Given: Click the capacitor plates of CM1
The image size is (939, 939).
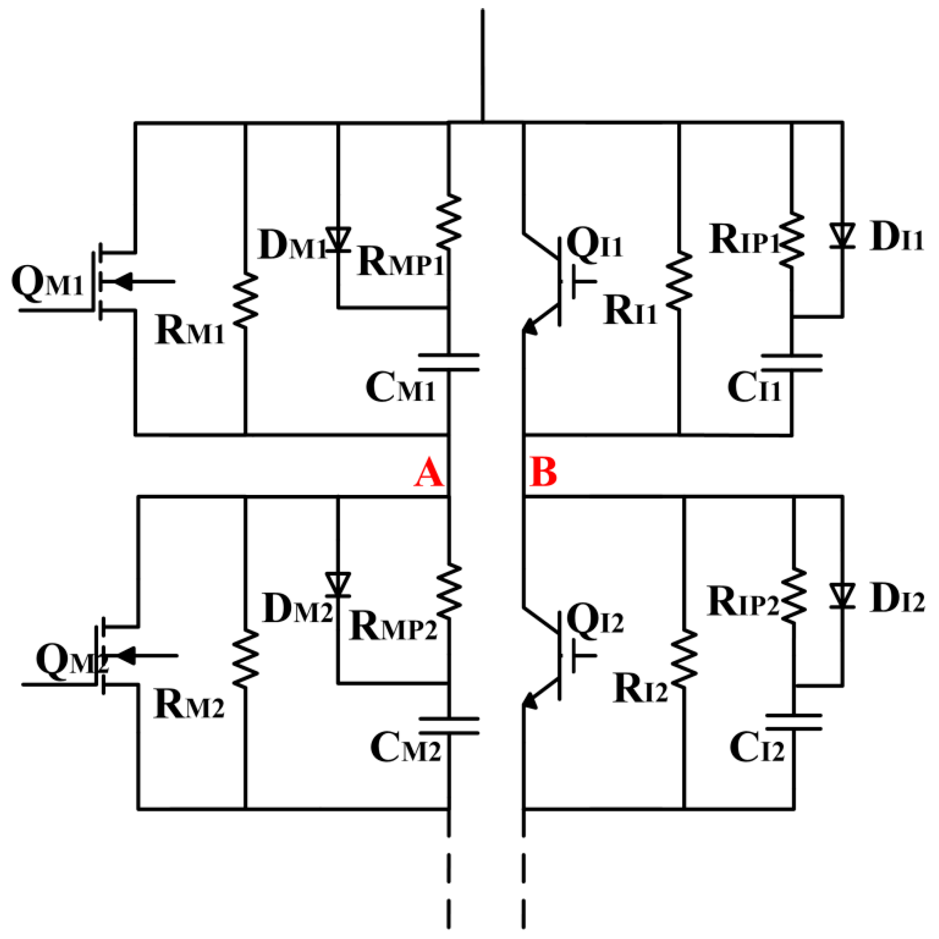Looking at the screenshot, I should click(449, 363).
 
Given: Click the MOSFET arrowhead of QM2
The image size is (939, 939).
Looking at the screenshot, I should click(125, 656).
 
